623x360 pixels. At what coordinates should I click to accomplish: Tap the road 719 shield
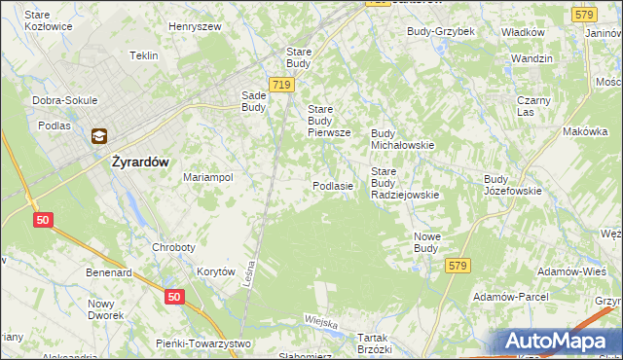click(x=282, y=86)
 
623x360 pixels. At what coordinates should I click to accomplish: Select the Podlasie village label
click(x=332, y=185)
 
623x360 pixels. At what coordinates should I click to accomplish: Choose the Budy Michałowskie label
click(x=402, y=139)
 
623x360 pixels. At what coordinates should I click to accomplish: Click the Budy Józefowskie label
click(x=512, y=185)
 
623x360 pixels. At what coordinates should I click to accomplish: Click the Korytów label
click(x=216, y=272)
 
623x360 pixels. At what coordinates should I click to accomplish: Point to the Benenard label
click(x=109, y=273)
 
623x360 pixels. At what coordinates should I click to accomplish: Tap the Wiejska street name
click(x=320, y=321)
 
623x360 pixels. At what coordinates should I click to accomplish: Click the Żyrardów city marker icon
click(x=99, y=137)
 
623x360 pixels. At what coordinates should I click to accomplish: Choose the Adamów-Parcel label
click(x=510, y=296)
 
